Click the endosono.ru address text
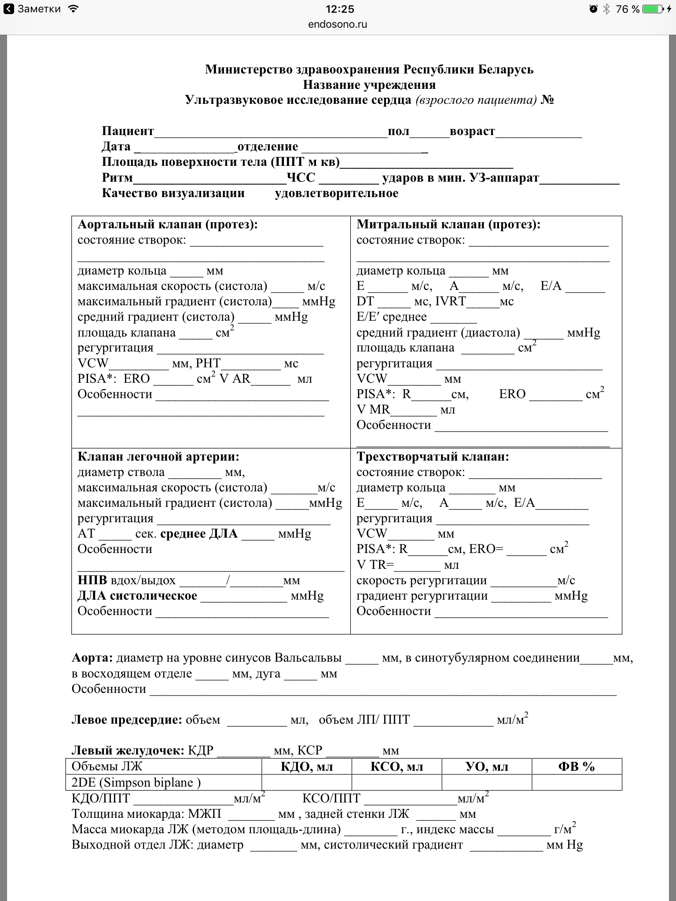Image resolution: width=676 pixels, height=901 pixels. [338, 25]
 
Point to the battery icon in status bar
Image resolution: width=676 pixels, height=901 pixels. [654, 9]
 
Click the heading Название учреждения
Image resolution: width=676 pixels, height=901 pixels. [369, 84]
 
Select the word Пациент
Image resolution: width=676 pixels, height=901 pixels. [128, 131]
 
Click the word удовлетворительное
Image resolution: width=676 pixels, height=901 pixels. [336, 193]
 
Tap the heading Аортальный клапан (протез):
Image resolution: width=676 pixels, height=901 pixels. [168, 224]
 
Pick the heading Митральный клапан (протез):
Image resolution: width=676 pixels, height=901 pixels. [448, 224]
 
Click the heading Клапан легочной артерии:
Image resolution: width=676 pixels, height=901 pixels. [158, 457]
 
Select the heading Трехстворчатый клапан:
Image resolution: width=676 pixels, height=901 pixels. [433, 457]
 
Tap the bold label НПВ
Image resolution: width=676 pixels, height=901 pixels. [92, 580]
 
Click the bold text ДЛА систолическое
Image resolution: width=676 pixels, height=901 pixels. [137, 596]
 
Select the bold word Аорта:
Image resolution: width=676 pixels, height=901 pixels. [92, 658]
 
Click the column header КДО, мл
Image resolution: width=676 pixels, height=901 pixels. [307, 767]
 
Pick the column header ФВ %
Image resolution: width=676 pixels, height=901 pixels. [576, 767]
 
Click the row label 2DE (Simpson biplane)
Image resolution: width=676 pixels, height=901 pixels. [136, 783]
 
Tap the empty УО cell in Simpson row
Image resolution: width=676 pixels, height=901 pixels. [487, 783]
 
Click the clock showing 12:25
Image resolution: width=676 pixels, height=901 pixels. [340, 9]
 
